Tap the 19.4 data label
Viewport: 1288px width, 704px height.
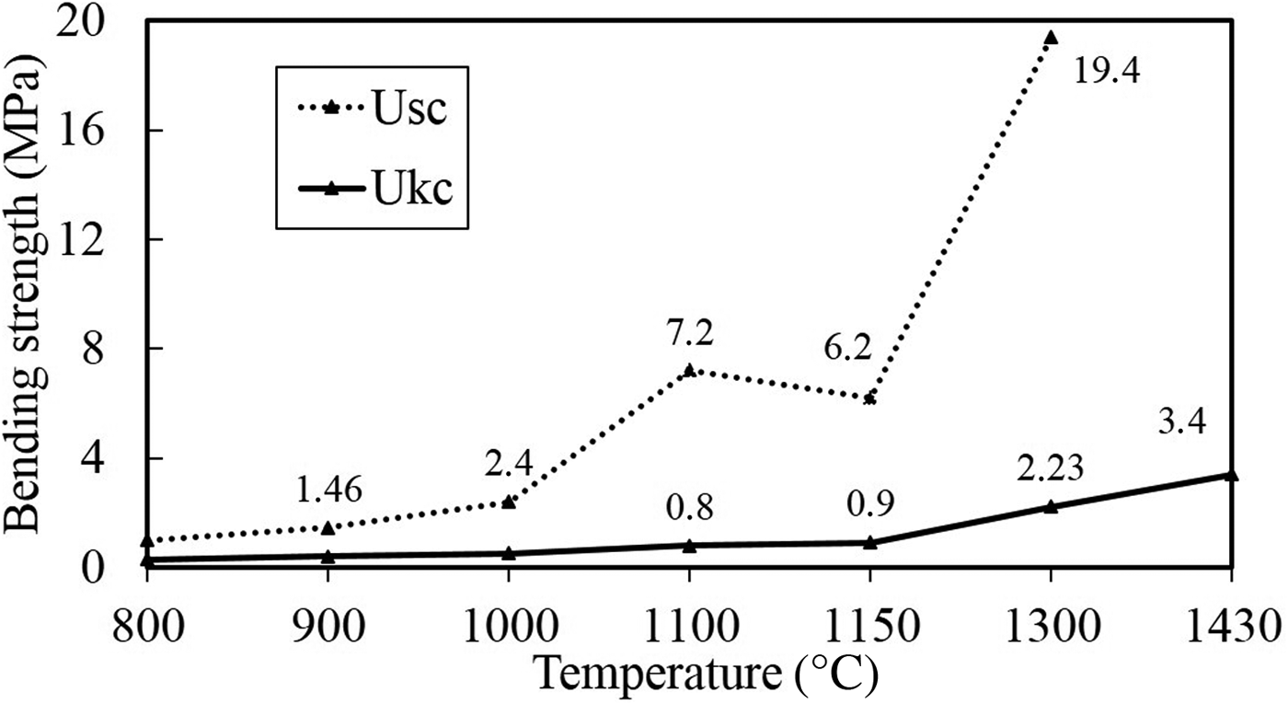click(x=1107, y=70)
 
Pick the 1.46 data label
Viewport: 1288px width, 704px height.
click(x=330, y=490)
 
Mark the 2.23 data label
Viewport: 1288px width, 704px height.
click(x=1050, y=468)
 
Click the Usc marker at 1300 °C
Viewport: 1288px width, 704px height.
click(x=1051, y=38)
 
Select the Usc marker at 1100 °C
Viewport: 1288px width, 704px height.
click(x=689, y=370)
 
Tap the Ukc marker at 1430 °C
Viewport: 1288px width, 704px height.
click(x=1232, y=474)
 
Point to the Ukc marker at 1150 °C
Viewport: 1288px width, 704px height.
click(x=870, y=542)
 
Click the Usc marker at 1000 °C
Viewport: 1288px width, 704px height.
click(x=509, y=502)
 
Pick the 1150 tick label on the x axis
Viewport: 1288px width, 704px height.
click(x=869, y=632)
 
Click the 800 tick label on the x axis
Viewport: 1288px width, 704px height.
click(x=148, y=632)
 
